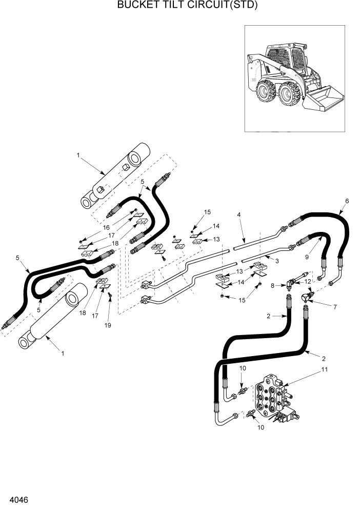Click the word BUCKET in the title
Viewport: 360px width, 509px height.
pyautogui.click(x=137, y=6)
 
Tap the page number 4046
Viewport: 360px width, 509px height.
pyautogui.click(x=18, y=499)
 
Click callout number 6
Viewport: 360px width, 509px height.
pyautogui.click(x=347, y=201)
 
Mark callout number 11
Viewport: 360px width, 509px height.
pyautogui.click(x=324, y=369)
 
